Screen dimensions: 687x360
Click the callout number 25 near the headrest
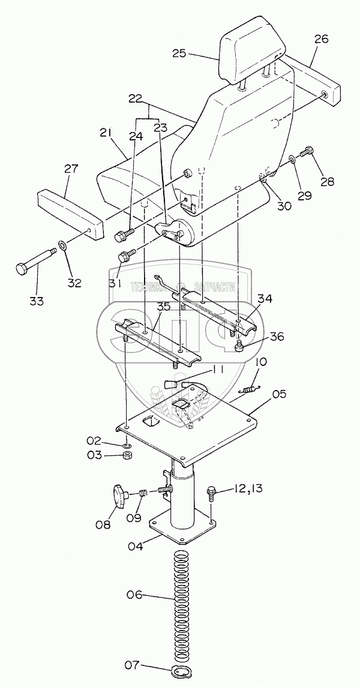click(179, 53)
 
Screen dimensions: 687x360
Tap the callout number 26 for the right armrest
click(321, 40)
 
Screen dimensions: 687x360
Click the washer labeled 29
click(292, 160)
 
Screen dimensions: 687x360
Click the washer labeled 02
click(128, 446)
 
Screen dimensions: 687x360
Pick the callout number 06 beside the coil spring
click(136, 595)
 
